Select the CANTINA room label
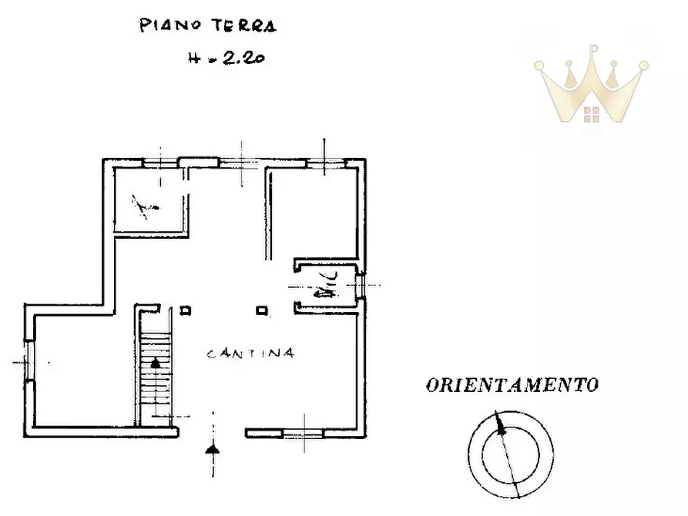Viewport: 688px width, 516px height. (x=250, y=353)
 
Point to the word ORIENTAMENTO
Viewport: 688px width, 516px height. (x=512, y=385)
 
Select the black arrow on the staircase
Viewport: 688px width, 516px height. (x=156, y=362)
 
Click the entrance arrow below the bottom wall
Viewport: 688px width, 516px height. (x=213, y=448)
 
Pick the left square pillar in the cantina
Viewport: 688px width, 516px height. (x=185, y=311)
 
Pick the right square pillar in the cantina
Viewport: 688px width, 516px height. (x=262, y=311)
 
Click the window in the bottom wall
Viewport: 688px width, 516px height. (x=303, y=434)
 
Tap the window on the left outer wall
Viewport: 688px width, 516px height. (x=27, y=361)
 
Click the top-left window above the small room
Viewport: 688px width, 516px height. (x=161, y=163)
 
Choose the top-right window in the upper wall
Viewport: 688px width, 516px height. (x=324, y=163)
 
